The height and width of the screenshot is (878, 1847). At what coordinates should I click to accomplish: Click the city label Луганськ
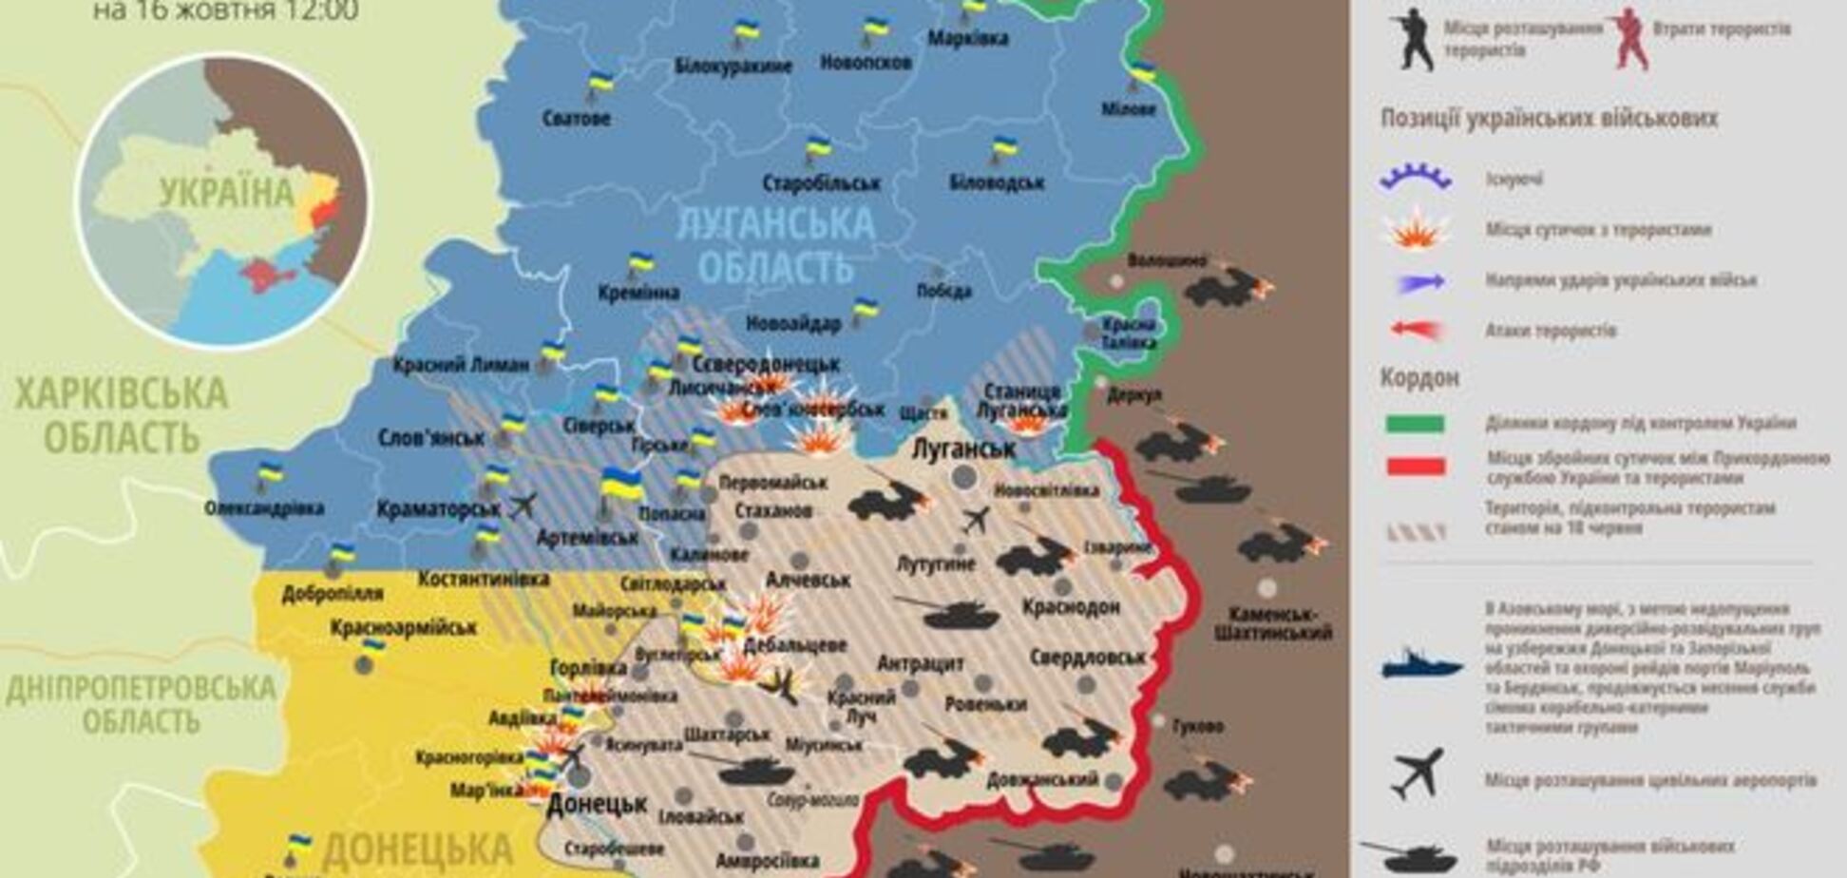963,449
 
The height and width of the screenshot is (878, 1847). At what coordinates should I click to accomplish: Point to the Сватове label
577,119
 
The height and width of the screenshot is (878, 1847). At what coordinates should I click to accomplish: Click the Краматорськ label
438,509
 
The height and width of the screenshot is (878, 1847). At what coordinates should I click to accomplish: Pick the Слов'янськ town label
431,438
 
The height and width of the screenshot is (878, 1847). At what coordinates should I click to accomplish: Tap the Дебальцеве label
794,645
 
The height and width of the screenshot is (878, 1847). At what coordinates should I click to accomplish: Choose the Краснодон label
1071,606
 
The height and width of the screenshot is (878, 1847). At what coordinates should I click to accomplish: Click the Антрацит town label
921,663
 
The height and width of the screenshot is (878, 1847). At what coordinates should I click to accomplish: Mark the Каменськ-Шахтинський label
1273,623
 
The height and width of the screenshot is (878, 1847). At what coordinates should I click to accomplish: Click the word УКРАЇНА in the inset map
226,193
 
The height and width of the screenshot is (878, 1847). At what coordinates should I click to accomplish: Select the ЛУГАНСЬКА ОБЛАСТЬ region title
774,245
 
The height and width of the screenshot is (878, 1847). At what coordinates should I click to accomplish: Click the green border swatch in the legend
1415,424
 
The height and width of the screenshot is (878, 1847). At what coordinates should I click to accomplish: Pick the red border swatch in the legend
1415,467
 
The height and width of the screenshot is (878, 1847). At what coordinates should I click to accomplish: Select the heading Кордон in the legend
1419,378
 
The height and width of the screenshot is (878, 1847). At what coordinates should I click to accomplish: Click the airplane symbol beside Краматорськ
523,505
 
